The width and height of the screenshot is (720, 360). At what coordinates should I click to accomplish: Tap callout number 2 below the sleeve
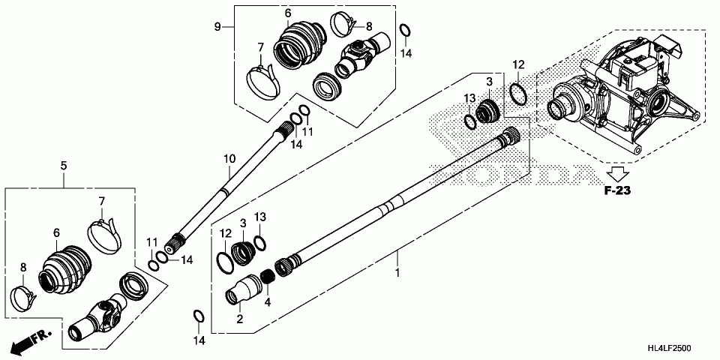click(240, 318)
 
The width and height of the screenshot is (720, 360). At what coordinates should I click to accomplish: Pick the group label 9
click(217, 27)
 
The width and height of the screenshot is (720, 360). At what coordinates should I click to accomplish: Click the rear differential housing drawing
click(622, 97)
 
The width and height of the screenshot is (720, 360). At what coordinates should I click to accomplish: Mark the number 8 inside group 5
click(22, 267)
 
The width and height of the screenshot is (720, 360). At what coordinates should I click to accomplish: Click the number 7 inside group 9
click(260, 47)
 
